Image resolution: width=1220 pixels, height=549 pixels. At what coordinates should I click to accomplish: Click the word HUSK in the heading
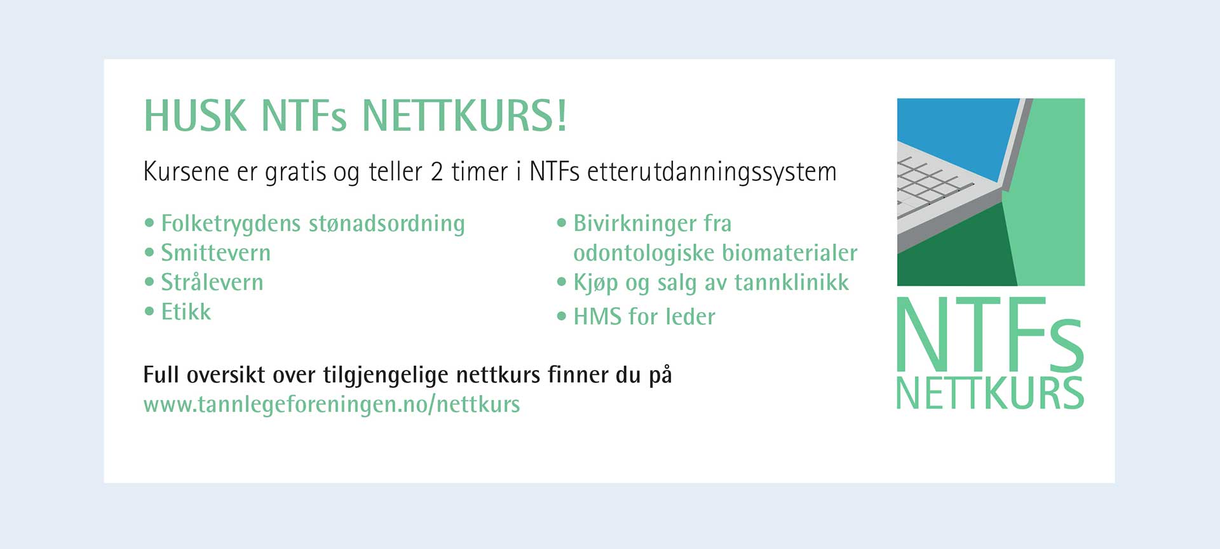point(195,116)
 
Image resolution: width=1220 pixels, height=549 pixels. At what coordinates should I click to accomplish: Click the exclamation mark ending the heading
point(561,116)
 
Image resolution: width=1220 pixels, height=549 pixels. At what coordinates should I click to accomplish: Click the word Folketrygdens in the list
point(231,224)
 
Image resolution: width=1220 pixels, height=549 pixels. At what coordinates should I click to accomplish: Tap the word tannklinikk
point(792,282)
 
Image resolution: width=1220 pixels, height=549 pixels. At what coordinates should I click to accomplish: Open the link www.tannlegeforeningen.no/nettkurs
point(332,404)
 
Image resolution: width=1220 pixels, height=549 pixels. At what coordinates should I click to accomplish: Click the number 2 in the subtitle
point(437,172)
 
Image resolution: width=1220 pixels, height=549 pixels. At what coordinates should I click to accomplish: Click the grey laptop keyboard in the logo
point(940,190)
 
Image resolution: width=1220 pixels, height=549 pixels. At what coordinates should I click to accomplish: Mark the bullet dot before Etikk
point(149,311)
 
